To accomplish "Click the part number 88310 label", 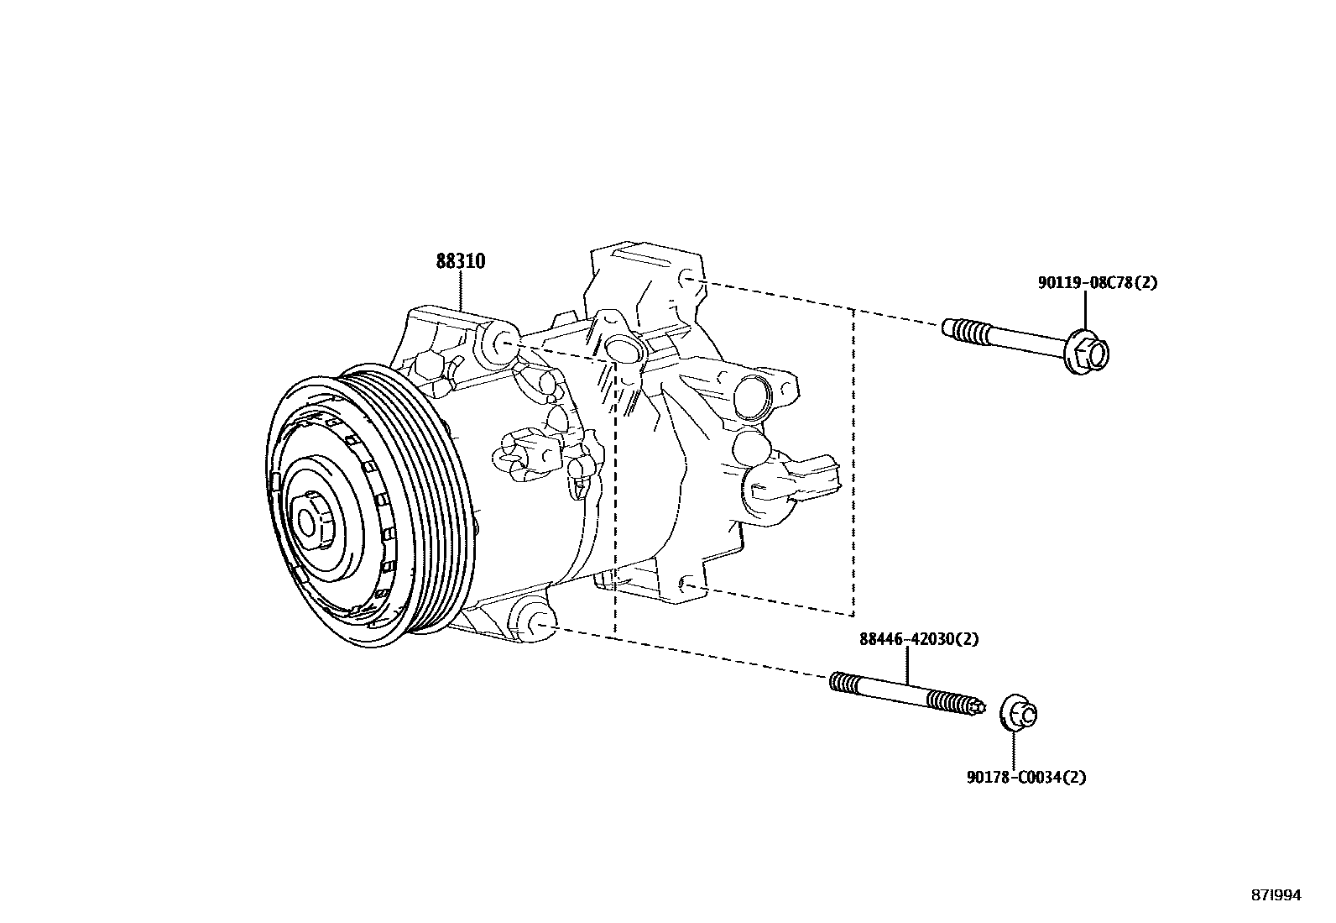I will (x=460, y=262).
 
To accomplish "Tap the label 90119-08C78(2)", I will (x=1097, y=283).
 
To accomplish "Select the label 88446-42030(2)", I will (x=918, y=639).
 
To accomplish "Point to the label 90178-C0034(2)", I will (x=1025, y=778).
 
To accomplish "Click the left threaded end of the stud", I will (x=845, y=683).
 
